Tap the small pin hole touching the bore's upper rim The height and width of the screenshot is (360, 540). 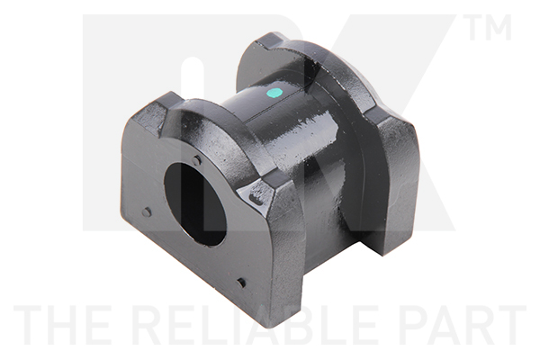pyautogui.click(x=197, y=161)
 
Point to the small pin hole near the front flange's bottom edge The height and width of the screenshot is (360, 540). pyautogui.click(x=241, y=283)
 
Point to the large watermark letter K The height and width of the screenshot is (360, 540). pyautogui.click(x=405, y=135)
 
